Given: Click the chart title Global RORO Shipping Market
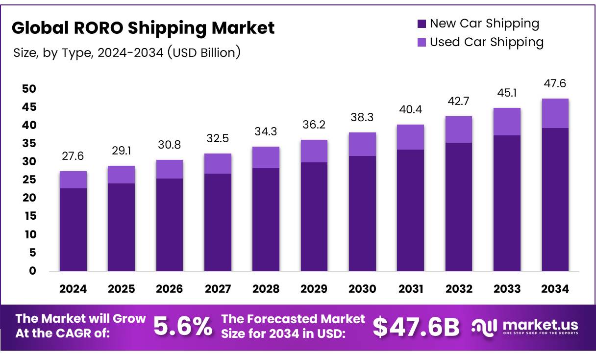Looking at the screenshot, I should (x=143, y=28).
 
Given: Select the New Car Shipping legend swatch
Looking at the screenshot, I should (x=422, y=24).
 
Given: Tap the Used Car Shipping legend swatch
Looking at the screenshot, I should (x=422, y=43).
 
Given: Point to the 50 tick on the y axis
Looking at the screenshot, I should (x=29, y=89).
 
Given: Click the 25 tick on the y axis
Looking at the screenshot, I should (x=29, y=180).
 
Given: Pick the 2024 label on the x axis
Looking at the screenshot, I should (x=73, y=289).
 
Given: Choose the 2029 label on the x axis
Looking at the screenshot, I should (x=314, y=289).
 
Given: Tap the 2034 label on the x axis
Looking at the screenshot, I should (x=555, y=289).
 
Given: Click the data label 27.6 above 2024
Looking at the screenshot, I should (x=73, y=156).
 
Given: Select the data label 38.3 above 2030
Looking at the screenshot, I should (x=362, y=117).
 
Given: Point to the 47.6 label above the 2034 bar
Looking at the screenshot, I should (x=555, y=84).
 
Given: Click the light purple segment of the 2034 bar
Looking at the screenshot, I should (x=555, y=113).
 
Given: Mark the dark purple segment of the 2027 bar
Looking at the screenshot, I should (x=218, y=222).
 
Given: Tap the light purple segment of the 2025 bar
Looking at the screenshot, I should (x=121, y=175).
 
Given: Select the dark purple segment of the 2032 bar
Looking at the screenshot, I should (x=459, y=206).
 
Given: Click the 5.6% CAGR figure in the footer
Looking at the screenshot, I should (x=183, y=327).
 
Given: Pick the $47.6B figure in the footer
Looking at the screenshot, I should (x=416, y=327).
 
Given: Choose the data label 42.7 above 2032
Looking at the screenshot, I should (x=459, y=101).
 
